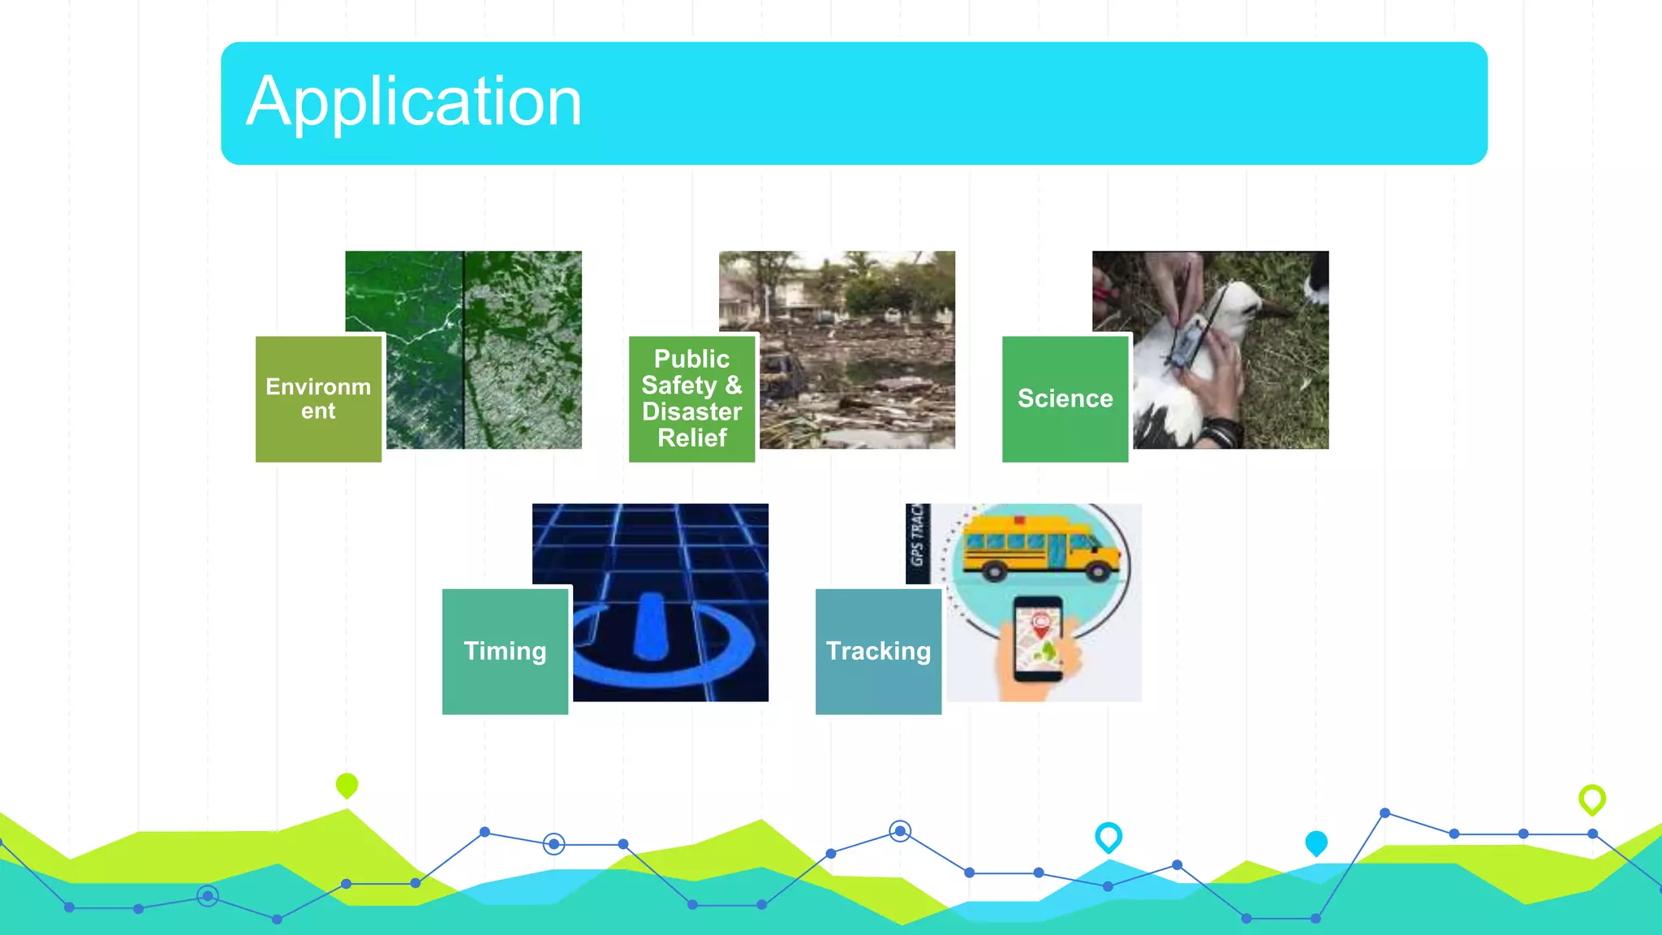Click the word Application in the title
coord(414,103)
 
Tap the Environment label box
coord(318,399)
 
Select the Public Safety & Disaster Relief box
coord(691,399)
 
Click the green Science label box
coord(1065,399)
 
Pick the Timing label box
coord(505,651)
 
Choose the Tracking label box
coord(878,651)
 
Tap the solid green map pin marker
coord(347,784)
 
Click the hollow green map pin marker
coord(1591,798)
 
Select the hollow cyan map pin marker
coord(1108,835)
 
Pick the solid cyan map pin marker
coord(1315,842)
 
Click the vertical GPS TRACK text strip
coord(918,542)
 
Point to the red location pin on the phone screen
coord(1040,623)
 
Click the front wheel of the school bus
coord(1097,571)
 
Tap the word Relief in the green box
coord(691,438)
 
